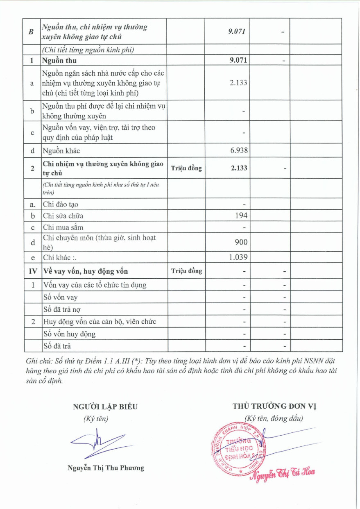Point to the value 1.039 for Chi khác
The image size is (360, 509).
click(238, 257)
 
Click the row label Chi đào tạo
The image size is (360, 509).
click(60, 204)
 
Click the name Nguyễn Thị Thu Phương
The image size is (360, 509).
click(106, 468)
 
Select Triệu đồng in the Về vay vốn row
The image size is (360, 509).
click(186, 271)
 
